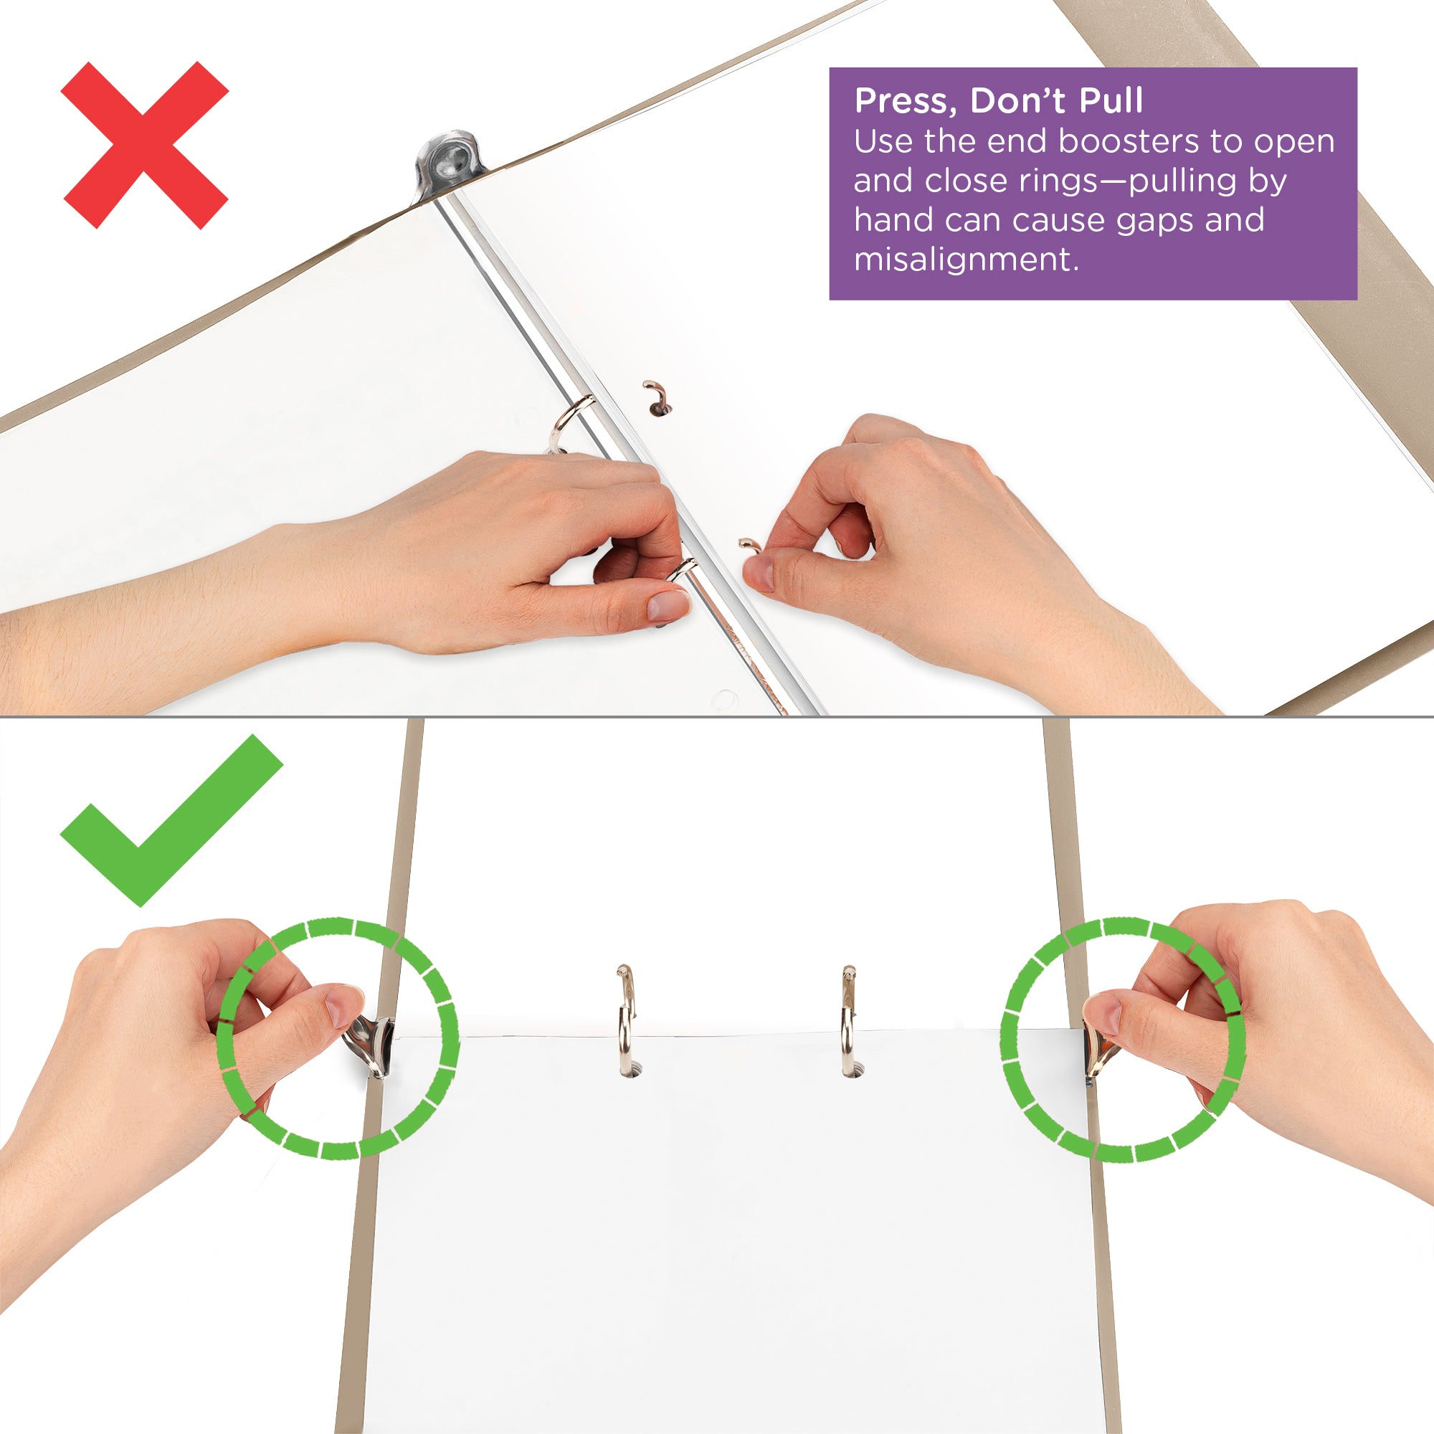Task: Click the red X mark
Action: pyautogui.click(x=145, y=146)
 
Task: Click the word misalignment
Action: pyautogui.click(x=965, y=260)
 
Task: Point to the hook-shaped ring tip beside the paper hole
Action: pyautogui.click(x=655, y=397)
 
